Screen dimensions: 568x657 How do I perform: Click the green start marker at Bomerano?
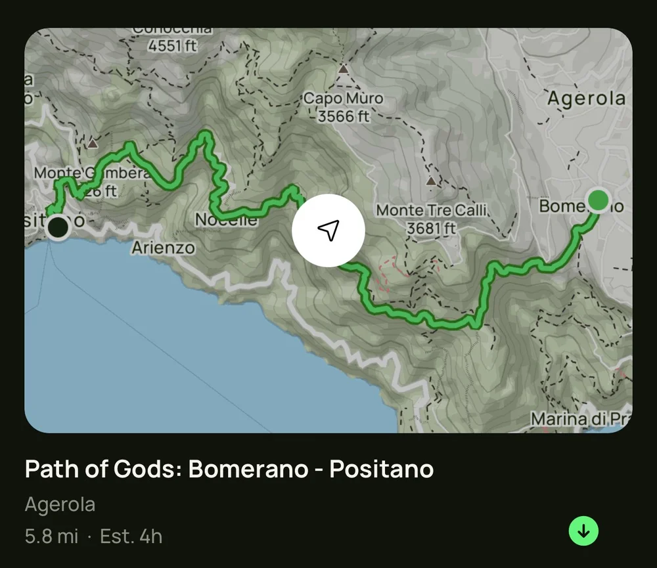pos(598,200)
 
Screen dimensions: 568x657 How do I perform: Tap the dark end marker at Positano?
pos(58,227)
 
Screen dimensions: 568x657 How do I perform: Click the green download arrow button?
pos(583,531)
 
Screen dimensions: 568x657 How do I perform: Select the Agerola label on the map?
pos(586,98)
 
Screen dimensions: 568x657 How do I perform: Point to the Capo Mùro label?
pos(342,98)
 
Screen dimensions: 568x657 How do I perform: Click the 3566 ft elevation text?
pos(344,116)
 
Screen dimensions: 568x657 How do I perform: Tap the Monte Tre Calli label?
pos(432,211)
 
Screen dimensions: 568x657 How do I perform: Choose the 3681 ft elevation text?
pos(431,228)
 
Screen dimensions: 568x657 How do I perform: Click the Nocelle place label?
pos(226,221)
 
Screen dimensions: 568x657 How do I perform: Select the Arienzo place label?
pos(164,248)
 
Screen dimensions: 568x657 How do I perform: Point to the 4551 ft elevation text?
pos(172,46)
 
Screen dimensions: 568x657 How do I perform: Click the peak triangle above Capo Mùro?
pos(343,68)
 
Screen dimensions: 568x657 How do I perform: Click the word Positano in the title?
pos(381,469)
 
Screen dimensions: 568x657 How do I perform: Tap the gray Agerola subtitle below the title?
pos(60,504)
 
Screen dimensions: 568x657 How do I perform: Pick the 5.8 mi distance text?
pos(51,536)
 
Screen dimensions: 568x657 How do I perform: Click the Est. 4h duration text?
pos(131,536)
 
